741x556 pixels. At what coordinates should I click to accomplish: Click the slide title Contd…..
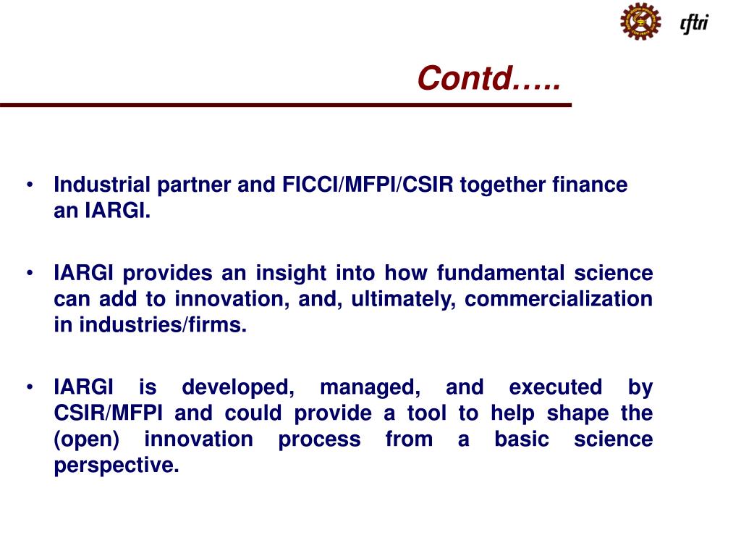click(489, 79)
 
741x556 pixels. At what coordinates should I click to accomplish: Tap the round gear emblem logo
click(640, 21)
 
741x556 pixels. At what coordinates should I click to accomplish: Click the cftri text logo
click(694, 23)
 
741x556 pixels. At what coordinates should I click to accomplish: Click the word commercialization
click(558, 300)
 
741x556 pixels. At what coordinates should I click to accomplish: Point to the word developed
click(238, 388)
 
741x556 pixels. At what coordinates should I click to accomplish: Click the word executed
click(555, 388)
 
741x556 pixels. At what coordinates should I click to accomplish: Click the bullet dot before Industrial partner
click(30, 185)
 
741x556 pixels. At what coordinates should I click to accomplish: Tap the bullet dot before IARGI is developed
click(30, 388)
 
